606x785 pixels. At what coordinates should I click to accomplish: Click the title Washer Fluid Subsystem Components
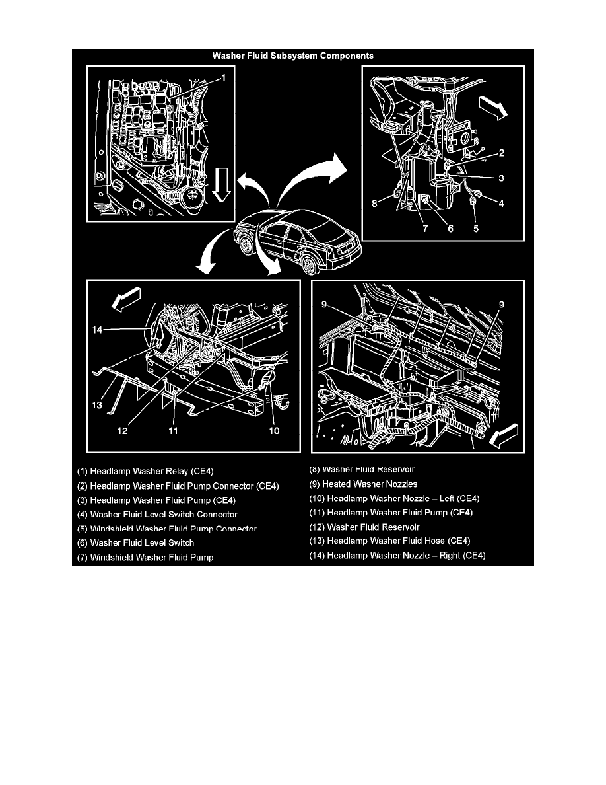point(292,56)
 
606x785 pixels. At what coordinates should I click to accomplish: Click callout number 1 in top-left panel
point(224,78)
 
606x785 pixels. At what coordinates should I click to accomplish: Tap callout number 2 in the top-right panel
point(501,153)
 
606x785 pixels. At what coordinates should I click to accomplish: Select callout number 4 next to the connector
point(501,204)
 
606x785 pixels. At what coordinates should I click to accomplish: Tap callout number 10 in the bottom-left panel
point(274,431)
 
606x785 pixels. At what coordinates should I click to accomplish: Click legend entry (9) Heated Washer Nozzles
point(363,484)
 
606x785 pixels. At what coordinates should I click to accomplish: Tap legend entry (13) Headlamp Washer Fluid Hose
point(389,541)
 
